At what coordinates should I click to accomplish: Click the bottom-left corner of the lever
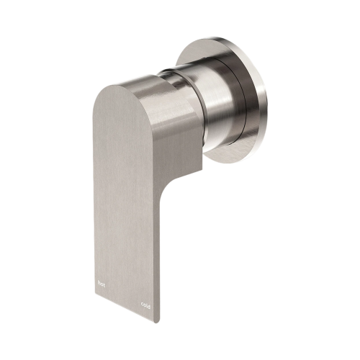pos(95,287)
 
